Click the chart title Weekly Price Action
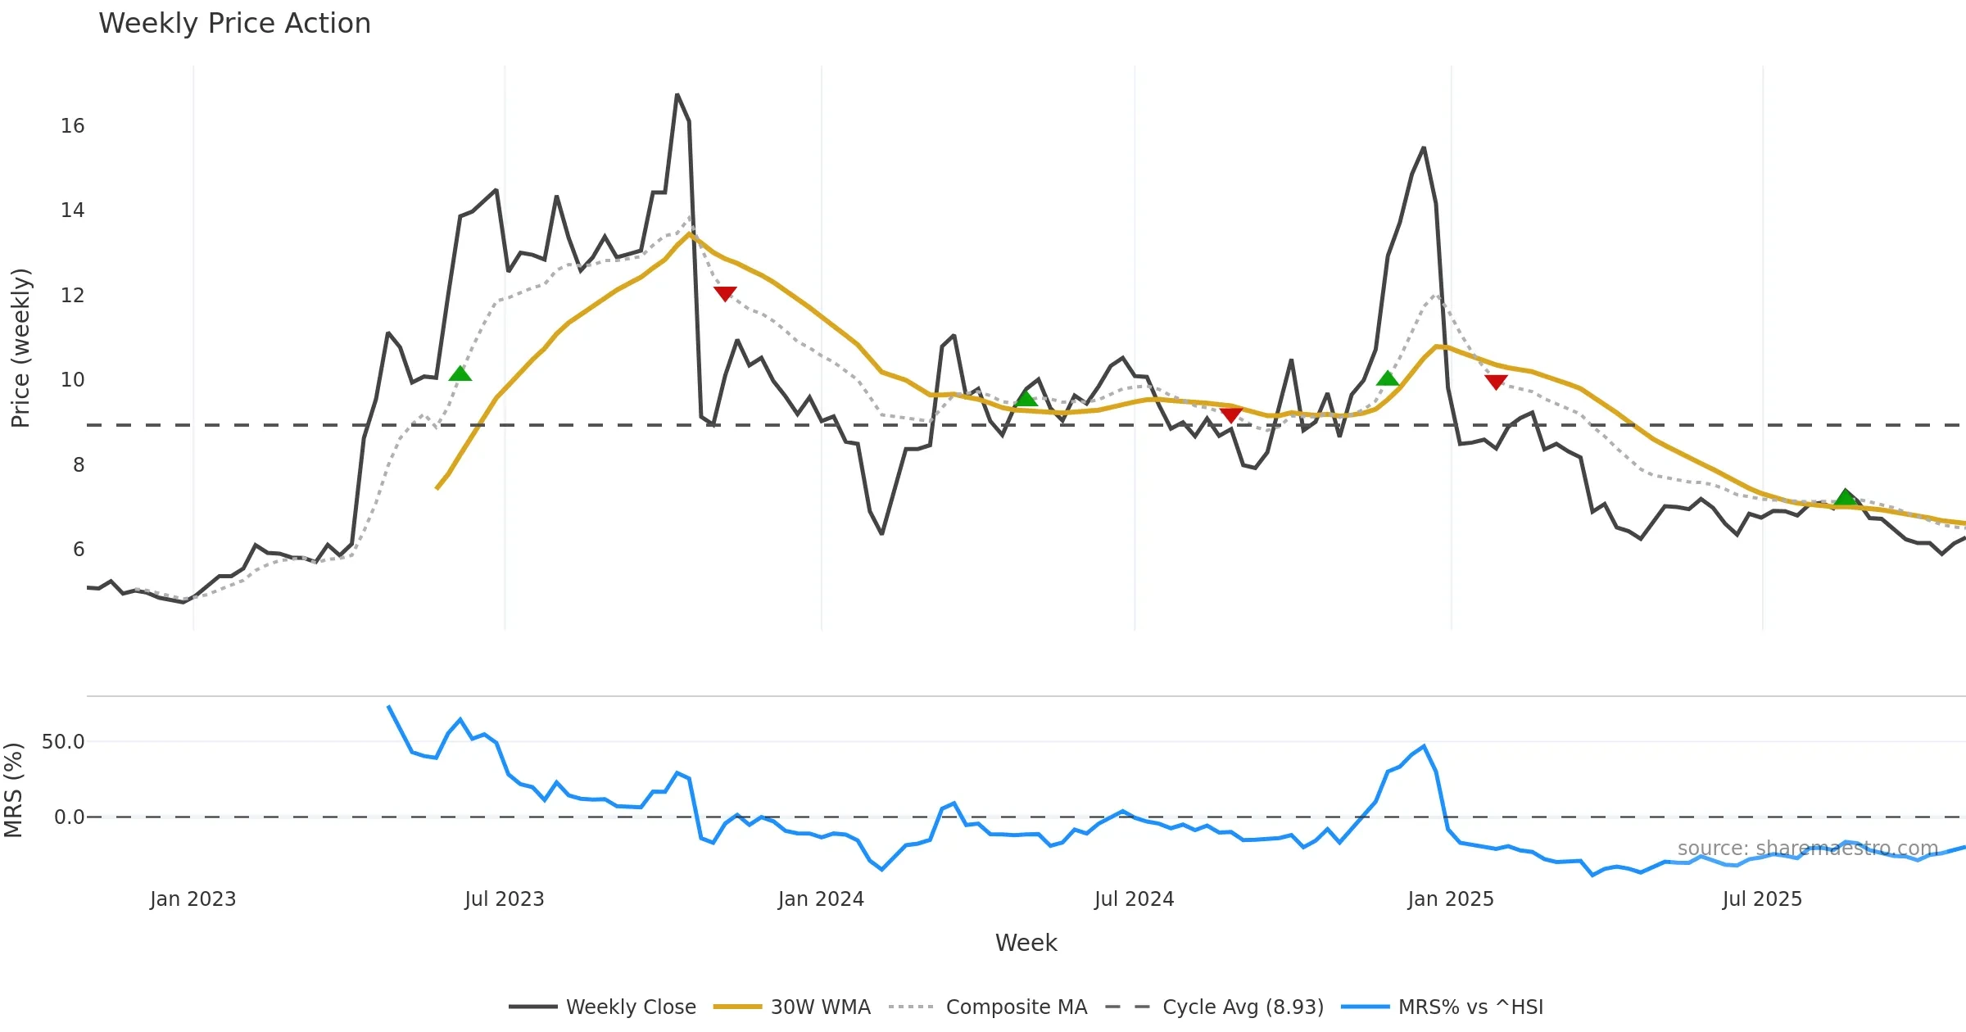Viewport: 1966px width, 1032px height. click(234, 24)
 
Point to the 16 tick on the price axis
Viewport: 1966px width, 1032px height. click(72, 125)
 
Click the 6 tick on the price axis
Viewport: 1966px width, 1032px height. click(78, 549)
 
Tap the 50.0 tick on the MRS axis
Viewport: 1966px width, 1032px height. click(63, 742)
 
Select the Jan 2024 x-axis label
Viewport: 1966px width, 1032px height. click(821, 899)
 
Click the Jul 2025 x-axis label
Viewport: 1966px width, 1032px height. click(1762, 899)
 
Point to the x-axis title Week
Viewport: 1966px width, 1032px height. click(1026, 943)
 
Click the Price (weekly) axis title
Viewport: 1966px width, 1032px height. click(20, 348)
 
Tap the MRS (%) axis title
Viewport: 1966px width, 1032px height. click(14, 790)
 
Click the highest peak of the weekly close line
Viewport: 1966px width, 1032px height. click(677, 95)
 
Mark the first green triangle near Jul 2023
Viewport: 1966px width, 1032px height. click(460, 374)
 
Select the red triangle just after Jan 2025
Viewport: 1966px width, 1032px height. click(1496, 382)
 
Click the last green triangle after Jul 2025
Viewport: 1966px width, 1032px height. click(1846, 497)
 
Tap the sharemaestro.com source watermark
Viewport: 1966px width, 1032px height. click(1807, 849)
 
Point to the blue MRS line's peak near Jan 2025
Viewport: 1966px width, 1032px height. click(1424, 746)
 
